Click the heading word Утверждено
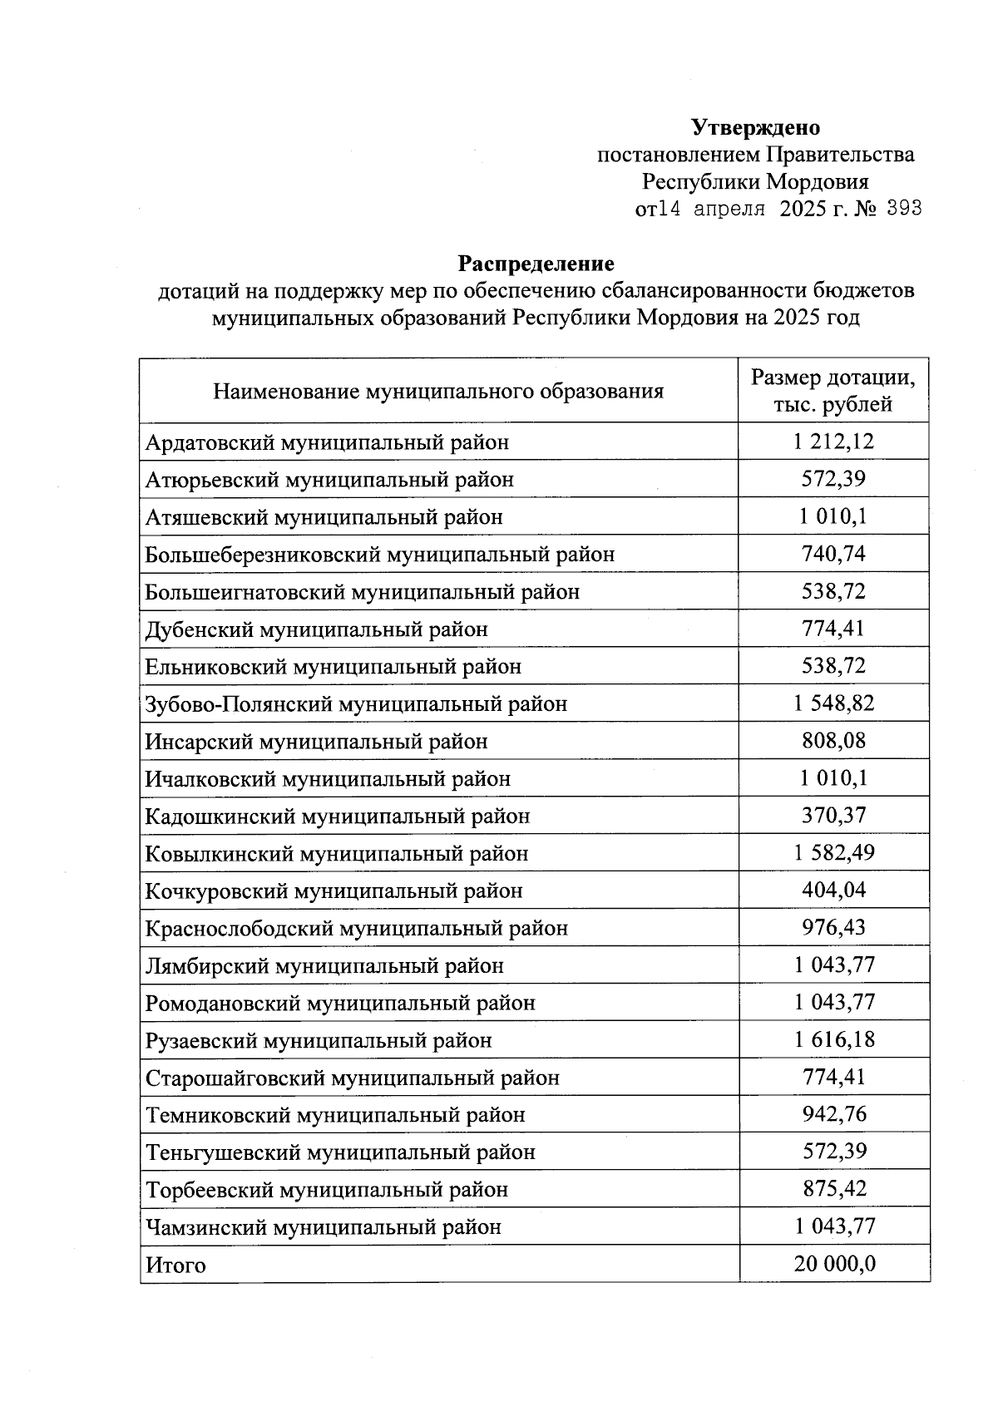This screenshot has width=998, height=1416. tap(755, 127)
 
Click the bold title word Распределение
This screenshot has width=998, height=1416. tap(536, 264)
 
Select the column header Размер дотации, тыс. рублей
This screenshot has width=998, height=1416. tap(833, 391)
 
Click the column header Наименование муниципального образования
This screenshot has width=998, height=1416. tap(438, 391)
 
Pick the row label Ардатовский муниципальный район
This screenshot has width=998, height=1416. tap(327, 442)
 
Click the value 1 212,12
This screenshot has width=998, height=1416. tap(833, 442)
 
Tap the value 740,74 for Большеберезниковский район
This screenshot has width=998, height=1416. tap(833, 554)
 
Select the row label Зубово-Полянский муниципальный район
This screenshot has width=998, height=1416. tap(356, 704)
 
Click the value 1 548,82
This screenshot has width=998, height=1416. tap(833, 703)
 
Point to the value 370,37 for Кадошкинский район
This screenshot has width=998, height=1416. tap(833, 816)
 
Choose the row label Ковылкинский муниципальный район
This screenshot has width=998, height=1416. tap(337, 854)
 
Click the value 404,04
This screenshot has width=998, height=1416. tap(833, 891)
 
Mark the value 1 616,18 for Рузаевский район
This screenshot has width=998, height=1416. tap(833, 1039)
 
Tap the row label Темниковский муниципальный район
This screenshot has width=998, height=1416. tap(335, 1115)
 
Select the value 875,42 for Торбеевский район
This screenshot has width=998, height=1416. tap(833, 1189)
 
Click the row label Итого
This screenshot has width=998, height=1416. tap(175, 1266)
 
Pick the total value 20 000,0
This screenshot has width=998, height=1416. tap(833, 1265)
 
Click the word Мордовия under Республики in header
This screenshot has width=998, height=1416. tap(817, 182)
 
